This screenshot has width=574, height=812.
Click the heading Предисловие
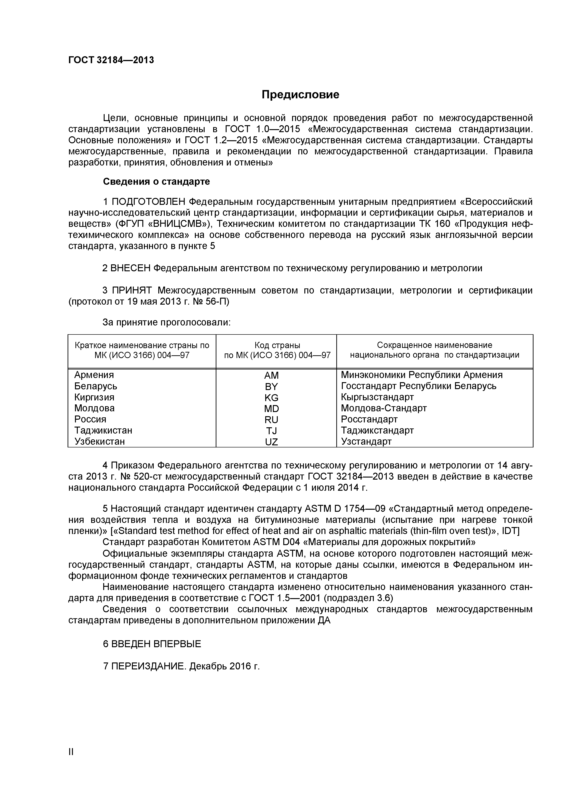coord(300,94)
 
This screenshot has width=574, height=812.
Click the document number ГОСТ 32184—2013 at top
coord(111,60)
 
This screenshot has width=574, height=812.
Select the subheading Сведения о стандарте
coord(156,181)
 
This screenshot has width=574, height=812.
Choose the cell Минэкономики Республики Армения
coord(421,375)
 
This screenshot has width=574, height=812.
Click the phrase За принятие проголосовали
coord(166,322)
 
